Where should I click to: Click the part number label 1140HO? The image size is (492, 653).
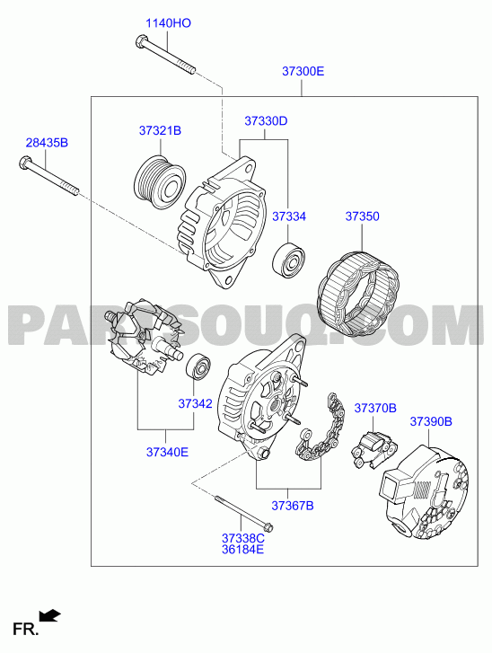[168, 23]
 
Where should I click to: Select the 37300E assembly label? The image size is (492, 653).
[303, 71]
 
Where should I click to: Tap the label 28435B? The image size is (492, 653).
[47, 143]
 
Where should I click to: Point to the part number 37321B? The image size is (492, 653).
[160, 131]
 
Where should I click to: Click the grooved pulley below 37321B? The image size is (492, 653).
[160, 183]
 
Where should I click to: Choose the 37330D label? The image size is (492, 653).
[266, 121]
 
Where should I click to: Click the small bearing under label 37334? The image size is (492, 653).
[288, 259]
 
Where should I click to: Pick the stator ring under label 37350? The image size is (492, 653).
[358, 294]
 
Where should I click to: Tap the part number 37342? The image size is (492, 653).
[195, 403]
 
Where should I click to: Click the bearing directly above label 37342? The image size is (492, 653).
[198, 366]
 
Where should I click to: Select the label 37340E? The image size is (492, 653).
[167, 452]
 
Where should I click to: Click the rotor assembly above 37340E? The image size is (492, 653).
[145, 337]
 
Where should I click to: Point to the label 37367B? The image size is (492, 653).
[293, 506]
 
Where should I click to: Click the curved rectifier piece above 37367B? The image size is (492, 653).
[321, 429]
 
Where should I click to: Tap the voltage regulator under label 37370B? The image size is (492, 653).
[373, 450]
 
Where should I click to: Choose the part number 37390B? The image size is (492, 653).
[431, 421]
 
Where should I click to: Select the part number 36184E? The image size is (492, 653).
[242, 550]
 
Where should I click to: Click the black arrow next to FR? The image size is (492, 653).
[50, 615]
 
